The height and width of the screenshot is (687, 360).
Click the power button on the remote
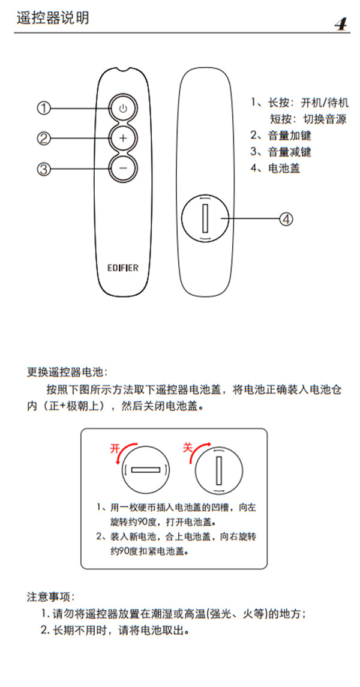[122, 109]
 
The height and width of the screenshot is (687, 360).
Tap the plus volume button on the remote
[122, 138]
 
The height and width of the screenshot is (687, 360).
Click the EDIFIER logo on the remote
[122, 268]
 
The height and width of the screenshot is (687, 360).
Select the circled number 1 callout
[44, 109]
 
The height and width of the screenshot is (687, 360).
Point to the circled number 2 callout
[44, 139]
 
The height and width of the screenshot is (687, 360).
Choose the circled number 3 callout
[44, 169]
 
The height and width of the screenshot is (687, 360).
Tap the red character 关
[188, 447]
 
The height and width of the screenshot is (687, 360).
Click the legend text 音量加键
[289, 136]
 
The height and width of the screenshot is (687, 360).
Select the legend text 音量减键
[289, 152]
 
